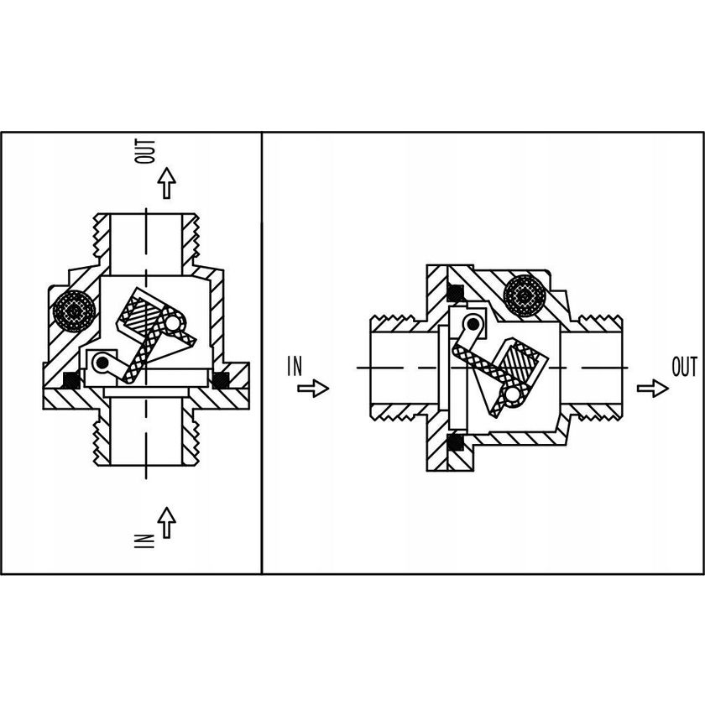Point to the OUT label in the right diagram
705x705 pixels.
pyautogui.click(x=684, y=367)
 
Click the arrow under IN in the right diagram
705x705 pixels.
pyautogui.click(x=313, y=388)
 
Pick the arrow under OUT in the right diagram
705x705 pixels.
pyautogui.click(x=653, y=388)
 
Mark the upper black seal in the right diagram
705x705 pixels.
pyautogui.click(x=457, y=291)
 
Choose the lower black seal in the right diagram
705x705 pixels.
pyautogui.click(x=457, y=441)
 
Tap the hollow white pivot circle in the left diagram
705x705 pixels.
pyautogui.click(x=173, y=321)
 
